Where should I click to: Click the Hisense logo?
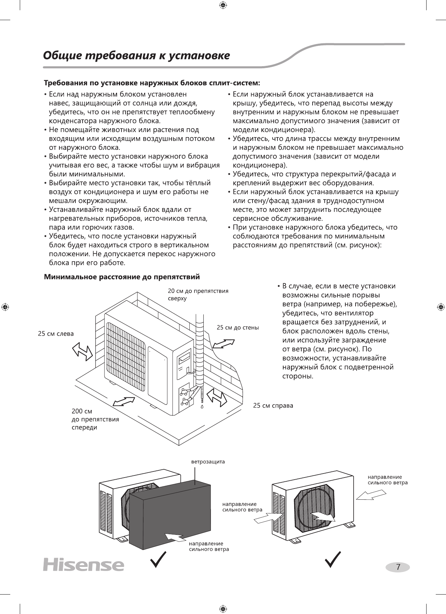pyautogui.click(x=83, y=565)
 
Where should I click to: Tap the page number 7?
pyautogui.click(x=398, y=567)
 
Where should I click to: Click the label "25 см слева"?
pyautogui.click(x=56, y=333)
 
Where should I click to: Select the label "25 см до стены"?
pyautogui.click(x=238, y=327)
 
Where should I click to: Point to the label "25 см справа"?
pyautogui.click(x=273, y=406)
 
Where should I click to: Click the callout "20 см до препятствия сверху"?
pyautogui.click(x=198, y=295)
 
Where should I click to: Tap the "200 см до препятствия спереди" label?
pyautogui.click(x=95, y=419)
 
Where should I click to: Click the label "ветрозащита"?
pyautogui.click(x=208, y=462)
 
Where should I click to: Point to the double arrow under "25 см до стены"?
pyautogui.click(x=224, y=343)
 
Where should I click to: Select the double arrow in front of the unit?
pyautogui.click(x=124, y=401)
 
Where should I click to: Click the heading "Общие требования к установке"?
pyautogui.click(x=136, y=56)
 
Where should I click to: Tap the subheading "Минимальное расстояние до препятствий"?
pyautogui.click(x=122, y=277)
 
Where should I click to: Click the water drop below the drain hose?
pyautogui.click(x=202, y=407)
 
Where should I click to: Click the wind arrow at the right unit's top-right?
pyautogui.click(x=371, y=494)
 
